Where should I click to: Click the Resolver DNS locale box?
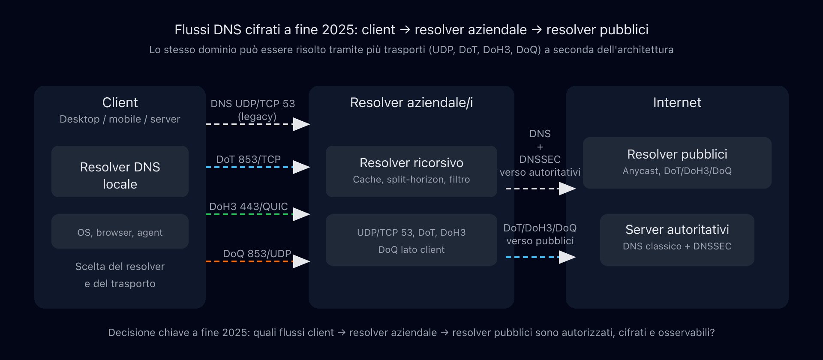120,171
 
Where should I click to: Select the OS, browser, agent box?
120,231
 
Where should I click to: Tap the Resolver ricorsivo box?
411,171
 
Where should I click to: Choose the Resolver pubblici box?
677,163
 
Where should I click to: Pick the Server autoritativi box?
677,240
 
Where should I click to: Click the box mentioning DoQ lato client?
411,240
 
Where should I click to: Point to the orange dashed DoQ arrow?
257,261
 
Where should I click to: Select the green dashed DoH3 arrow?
257,214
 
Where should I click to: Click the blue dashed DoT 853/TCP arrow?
257,167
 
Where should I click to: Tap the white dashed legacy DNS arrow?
257,124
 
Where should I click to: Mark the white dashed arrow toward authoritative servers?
540,189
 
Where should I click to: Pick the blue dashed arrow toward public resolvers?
540,257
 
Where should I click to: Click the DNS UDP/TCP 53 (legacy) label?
253,110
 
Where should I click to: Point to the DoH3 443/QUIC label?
249,206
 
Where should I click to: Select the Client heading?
120,102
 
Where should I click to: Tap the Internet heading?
677,102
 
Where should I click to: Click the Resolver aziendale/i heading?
411,102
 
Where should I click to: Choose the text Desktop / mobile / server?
120,119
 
